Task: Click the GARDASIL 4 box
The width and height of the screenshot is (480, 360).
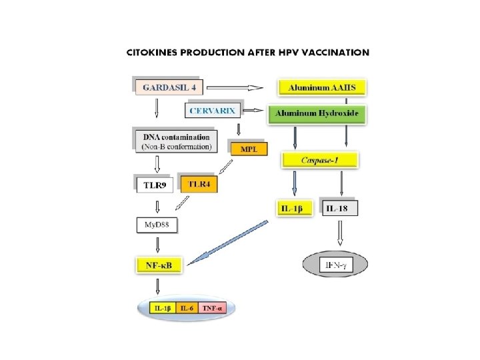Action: [x=168, y=87]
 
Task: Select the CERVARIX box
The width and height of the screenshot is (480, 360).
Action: [x=213, y=110]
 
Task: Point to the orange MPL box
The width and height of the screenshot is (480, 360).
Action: [x=247, y=149]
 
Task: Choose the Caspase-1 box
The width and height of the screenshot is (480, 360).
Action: [x=321, y=160]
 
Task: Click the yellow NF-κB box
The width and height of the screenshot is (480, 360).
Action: [x=158, y=265]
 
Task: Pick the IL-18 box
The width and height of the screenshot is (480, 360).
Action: [x=339, y=209]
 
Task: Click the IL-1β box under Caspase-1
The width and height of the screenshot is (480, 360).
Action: [x=293, y=209]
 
